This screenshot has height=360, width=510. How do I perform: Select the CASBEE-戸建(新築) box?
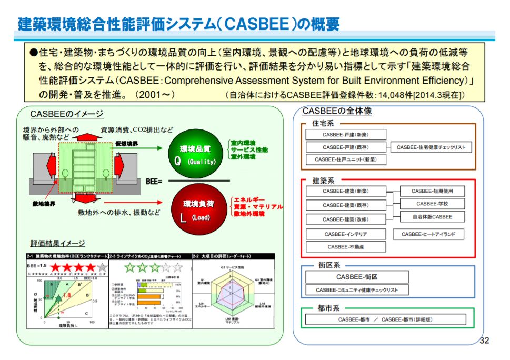point(346,135)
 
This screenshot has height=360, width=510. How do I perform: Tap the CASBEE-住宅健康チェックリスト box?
point(431,147)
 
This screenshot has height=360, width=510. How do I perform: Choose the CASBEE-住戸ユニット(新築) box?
point(346,159)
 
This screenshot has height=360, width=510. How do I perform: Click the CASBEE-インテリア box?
point(346,234)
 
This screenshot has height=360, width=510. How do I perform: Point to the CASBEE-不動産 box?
point(346,247)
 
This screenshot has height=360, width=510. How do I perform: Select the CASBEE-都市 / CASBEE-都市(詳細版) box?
point(386,319)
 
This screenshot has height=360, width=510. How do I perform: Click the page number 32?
point(484,340)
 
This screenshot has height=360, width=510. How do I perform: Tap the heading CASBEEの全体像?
point(333,111)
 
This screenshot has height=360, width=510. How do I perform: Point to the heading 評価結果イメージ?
point(57,243)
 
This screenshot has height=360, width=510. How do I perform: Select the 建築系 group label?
point(323,181)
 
